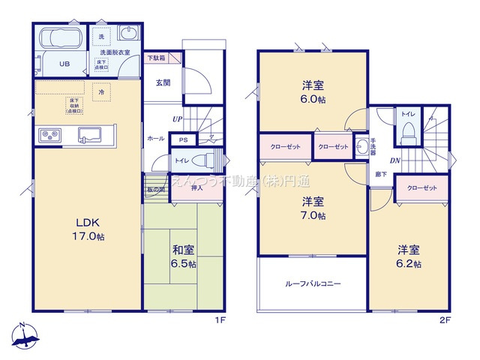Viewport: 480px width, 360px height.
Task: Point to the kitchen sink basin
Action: click(x=89, y=135)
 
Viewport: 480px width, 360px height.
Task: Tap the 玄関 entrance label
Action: click(x=163, y=82)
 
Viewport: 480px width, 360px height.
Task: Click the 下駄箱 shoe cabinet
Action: click(x=156, y=58)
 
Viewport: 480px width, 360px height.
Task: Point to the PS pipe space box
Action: click(x=182, y=139)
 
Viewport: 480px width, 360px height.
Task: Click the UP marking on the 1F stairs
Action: click(x=177, y=119)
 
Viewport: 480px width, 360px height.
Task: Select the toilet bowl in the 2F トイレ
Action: click(x=409, y=133)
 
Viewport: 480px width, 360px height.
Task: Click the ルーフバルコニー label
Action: click(x=313, y=284)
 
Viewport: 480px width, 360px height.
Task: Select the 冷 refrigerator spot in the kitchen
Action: click(x=100, y=91)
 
